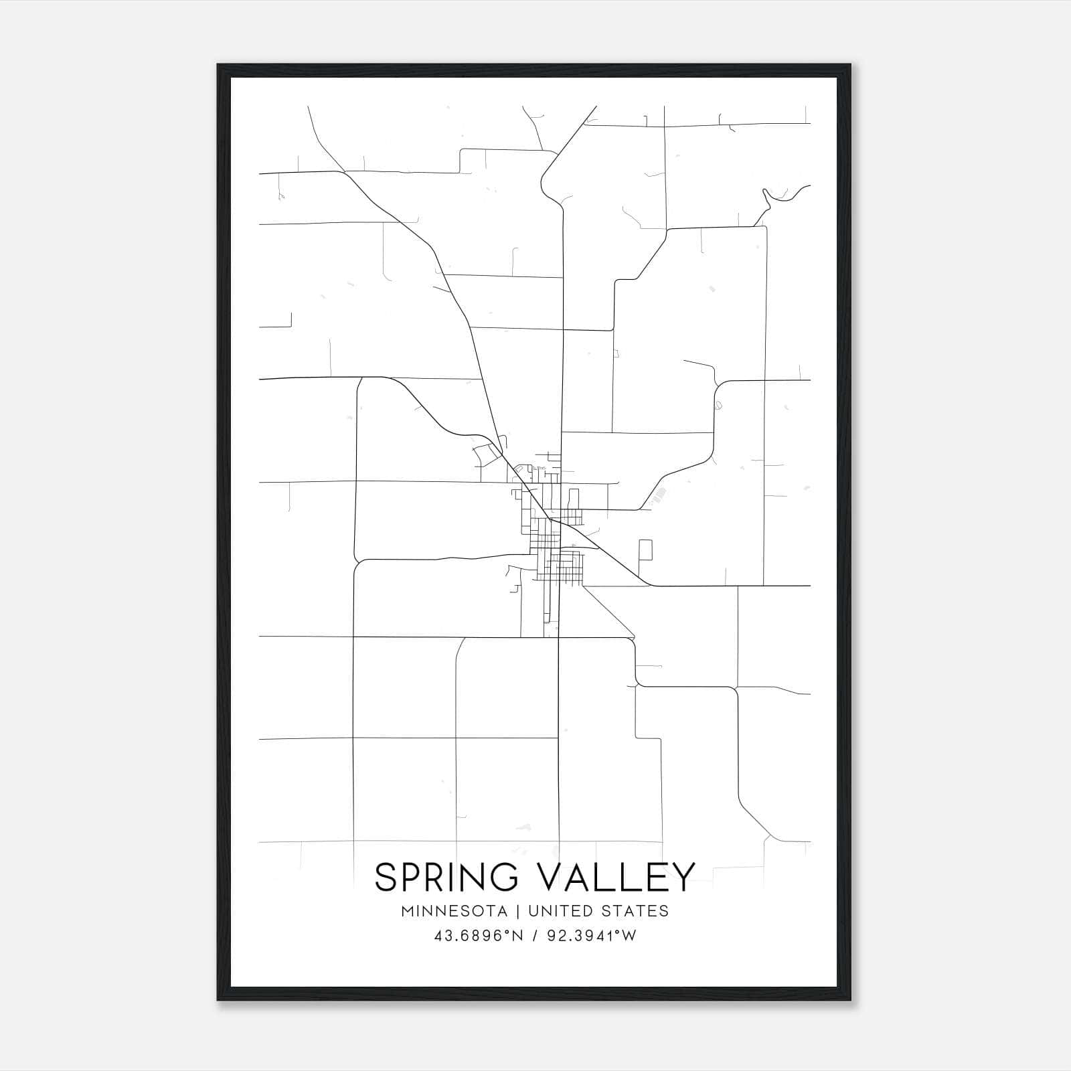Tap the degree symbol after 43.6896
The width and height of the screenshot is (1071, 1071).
(x=507, y=932)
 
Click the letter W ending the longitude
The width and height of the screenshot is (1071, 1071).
(x=629, y=936)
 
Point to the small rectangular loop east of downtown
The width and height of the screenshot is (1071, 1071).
(x=645, y=550)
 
